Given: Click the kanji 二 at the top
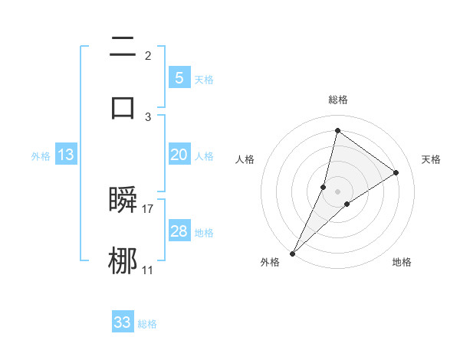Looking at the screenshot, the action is click(123, 47).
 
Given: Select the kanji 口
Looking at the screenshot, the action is click(123, 106).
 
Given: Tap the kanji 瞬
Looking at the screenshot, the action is click(123, 201).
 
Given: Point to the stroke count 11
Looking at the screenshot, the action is click(148, 270).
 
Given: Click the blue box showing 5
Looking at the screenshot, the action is click(179, 77).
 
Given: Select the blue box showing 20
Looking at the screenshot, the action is click(179, 155).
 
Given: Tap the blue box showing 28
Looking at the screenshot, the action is click(179, 231).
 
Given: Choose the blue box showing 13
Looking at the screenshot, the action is click(66, 155).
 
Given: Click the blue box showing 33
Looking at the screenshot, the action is click(122, 322).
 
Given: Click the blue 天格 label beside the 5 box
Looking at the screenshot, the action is click(204, 80).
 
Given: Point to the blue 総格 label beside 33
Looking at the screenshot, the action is click(147, 324).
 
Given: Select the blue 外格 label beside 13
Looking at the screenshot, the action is click(41, 156).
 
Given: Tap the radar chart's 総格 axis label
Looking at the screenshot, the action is click(338, 100).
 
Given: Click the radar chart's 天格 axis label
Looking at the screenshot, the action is click(431, 159).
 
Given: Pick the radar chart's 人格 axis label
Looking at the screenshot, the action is click(245, 159).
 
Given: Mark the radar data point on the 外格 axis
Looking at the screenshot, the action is click(292, 253).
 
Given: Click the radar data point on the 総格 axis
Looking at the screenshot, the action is click(337, 130).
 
